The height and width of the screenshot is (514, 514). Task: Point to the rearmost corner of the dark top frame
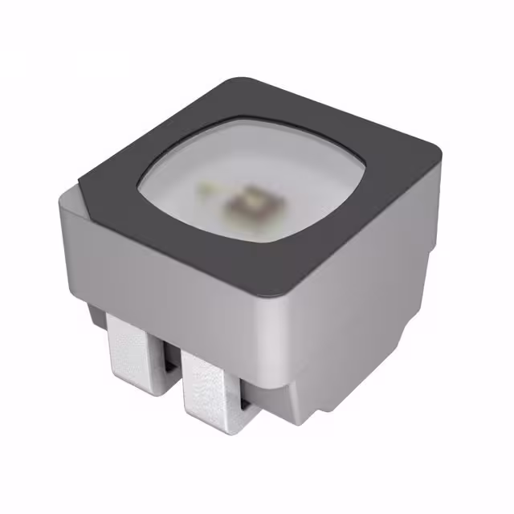pos(241,79)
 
